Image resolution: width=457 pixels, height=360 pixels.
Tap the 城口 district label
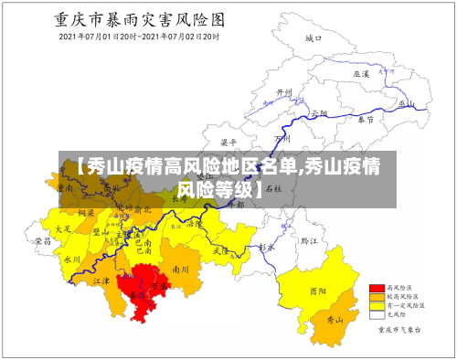(314, 38)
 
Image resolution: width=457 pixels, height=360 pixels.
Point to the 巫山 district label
(407, 104)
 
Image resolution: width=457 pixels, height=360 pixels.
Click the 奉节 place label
(366, 119)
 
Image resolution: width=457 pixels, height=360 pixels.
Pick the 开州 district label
(284, 93)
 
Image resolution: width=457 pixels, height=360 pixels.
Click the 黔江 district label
(310, 241)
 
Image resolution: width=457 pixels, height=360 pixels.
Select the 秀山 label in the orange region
(335, 320)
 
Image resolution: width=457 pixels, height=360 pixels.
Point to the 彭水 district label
(266, 247)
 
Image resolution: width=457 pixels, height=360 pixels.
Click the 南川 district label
(181, 270)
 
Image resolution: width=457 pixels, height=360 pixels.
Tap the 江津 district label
(101, 281)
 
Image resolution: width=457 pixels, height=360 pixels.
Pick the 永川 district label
(72, 259)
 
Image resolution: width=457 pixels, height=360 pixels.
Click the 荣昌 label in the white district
(43, 241)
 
